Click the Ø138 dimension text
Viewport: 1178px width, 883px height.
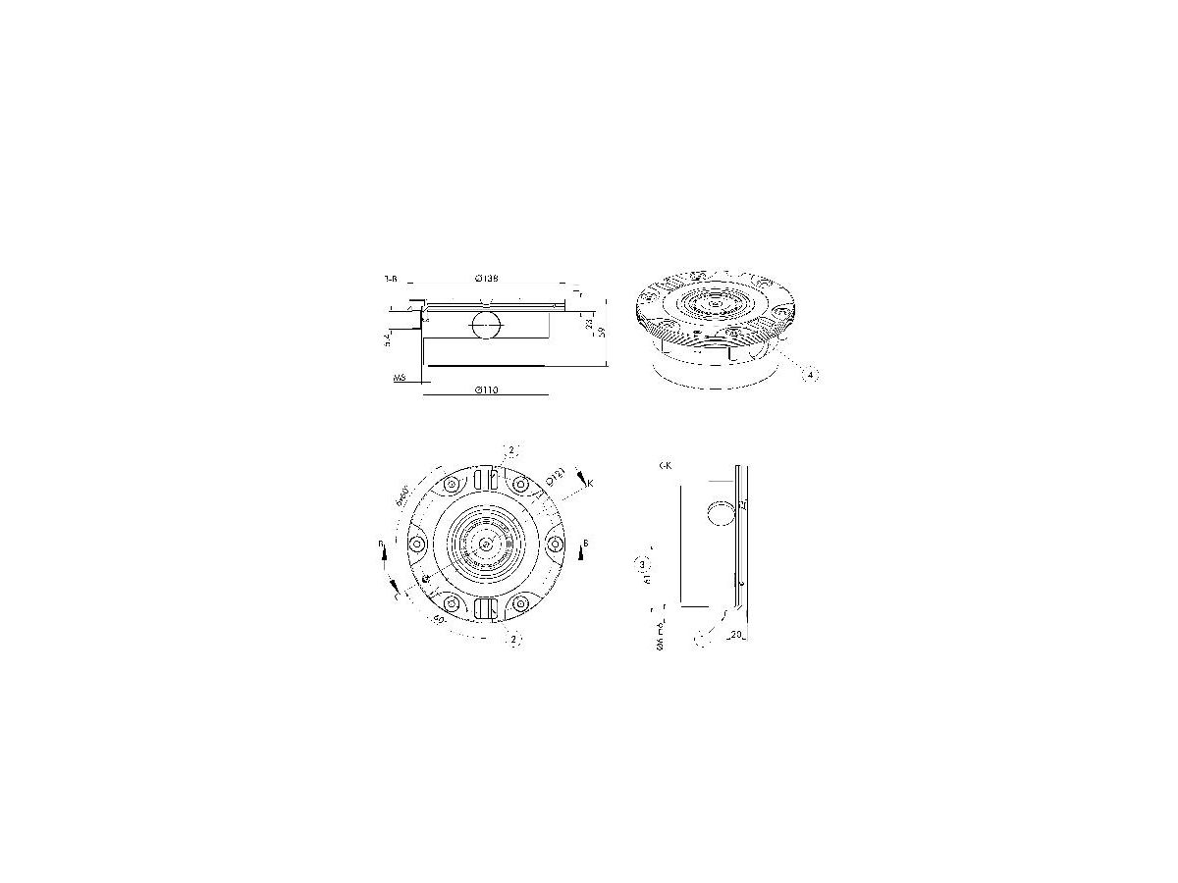(x=486, y=279)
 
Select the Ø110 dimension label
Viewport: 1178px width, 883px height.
(x=486, y=390)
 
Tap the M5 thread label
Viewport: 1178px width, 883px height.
(x=400, y=376)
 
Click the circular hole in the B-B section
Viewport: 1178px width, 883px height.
(x=486, y=324)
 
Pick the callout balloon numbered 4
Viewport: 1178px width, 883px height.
(x=809, y=374)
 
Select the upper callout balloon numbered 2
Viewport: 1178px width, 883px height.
(x=510, y=450)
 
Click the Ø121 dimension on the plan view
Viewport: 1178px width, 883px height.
(x=556, y=478)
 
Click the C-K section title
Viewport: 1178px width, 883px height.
(x=666, y=466)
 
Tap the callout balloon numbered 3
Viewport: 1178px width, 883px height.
(x=643, y=565)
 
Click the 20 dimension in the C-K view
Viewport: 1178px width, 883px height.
(x=735, y=635)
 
